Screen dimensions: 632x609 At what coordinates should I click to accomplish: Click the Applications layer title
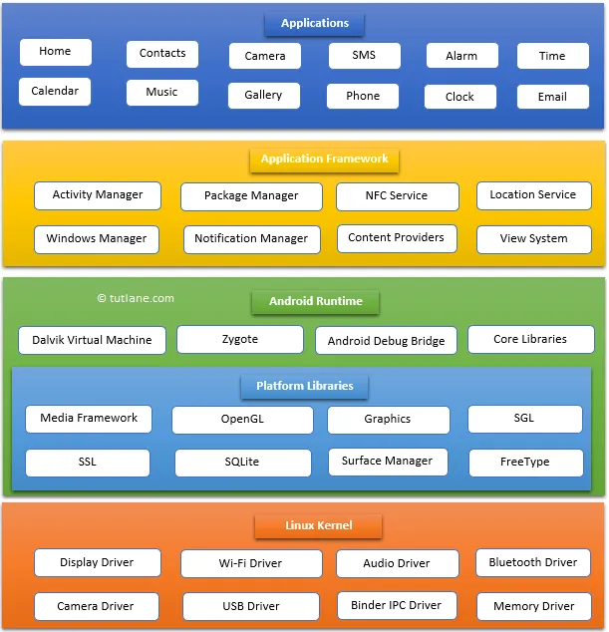pos(314,23)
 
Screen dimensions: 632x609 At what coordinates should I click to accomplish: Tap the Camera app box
pos(264,56)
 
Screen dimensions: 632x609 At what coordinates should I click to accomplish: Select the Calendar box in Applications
pos(55,92)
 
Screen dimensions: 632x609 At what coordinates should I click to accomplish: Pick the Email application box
pos(552,97)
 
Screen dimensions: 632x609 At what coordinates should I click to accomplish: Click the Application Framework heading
pos(324,158)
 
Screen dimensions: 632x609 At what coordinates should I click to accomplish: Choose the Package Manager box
pos(251,196)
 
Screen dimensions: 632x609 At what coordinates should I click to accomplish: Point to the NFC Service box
pos(397,196)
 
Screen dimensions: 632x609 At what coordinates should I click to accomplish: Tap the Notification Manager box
pos(251,239)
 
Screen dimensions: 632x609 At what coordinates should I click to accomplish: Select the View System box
pos(533,239)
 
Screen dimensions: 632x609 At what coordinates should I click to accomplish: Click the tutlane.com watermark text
pos(136,298)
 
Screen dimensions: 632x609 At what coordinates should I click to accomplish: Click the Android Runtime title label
pos(315,301)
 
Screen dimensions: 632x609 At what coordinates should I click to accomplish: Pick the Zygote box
pos(239,340)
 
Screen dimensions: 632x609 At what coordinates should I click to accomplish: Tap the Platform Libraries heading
pos(304,386)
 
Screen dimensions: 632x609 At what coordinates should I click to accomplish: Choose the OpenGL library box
pos(242,420)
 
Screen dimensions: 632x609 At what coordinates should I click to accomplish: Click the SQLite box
pos(242,463)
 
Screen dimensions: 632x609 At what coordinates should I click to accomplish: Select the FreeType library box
pos(525,463)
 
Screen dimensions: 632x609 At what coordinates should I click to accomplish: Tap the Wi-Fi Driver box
pos(250,563)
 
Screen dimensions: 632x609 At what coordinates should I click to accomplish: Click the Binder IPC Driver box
pos(396,605)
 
